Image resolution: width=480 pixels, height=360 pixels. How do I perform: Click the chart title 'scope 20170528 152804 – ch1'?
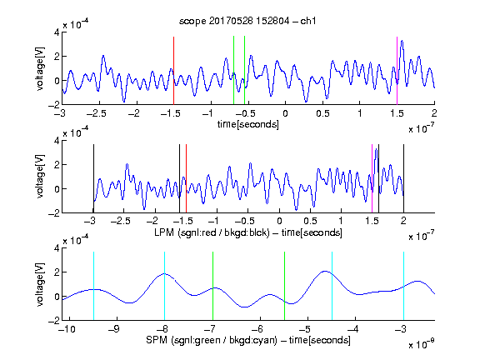[247, 21]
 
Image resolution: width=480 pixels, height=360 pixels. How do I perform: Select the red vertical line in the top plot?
[173, 71]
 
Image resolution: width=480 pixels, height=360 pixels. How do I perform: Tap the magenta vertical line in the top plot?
[397, 71]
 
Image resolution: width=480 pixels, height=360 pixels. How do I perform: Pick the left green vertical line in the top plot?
[233, 70]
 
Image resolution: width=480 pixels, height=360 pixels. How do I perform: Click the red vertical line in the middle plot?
[186, 178]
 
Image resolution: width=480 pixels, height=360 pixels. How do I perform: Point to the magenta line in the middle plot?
[372, 178]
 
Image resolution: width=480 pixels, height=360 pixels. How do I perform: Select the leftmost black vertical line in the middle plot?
[93, 178]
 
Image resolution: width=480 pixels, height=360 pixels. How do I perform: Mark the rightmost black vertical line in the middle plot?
[403, 178]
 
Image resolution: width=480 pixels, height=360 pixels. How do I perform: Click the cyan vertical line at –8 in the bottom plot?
[164, 286]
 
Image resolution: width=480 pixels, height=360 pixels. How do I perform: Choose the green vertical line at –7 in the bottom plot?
[212, 286]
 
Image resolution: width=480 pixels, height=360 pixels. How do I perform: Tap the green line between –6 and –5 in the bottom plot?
[284, 286]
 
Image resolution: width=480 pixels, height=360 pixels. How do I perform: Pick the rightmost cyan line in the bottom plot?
[403, 286]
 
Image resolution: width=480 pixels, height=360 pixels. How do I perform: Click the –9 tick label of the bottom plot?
[114, 329]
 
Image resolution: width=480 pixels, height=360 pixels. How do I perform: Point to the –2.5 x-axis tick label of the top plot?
[97, 113]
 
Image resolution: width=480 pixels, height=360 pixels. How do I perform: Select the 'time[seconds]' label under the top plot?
[248, 124]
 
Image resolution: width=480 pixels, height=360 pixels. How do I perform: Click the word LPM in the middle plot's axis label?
[164, 232]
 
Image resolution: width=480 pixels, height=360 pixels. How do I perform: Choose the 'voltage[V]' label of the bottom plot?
[40, 284]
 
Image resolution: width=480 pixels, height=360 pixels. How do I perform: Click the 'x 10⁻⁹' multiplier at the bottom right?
[422, 344]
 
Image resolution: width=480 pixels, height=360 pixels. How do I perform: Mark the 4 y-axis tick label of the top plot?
[57, 32]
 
